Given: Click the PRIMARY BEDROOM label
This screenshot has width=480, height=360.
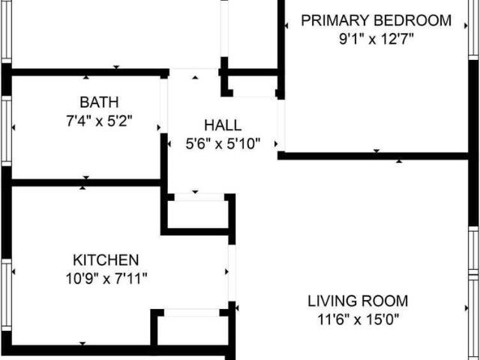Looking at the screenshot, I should tap(376, 20).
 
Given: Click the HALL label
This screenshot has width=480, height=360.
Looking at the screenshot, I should tap(223, 125).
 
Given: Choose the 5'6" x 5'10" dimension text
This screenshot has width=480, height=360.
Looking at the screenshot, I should tap(223, 142).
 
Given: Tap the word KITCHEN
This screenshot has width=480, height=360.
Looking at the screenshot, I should tap(106, 260).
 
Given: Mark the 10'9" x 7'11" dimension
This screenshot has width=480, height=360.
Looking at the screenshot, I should tap(106, 278).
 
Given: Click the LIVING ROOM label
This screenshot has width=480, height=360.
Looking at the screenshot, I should tap(358, 301).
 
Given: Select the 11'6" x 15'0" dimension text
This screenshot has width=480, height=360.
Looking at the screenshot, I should tap(358, 319).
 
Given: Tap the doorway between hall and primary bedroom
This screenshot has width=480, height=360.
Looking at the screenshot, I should tap(281, 124).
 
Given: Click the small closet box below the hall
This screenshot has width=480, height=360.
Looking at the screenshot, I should tap(196, 214).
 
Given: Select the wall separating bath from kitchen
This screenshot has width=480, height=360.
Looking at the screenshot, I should tap(86, 182).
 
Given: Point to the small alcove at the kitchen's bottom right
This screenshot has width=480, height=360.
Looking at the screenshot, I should tap(190, 328).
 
